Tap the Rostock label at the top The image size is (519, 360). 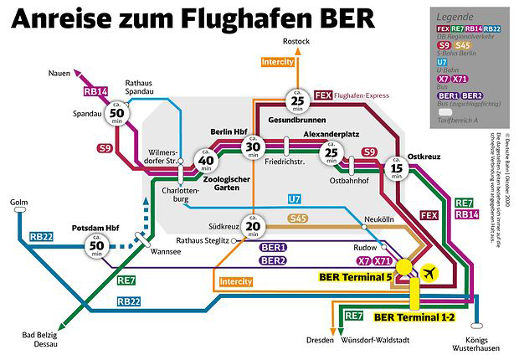(296, 41)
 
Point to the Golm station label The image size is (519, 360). (18, 202)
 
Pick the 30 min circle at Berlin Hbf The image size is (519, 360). (252, 147)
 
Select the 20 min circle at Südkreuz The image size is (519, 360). (252, 228)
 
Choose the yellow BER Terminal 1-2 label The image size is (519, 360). (414, 317)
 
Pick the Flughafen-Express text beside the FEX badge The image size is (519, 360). (365, 95)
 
